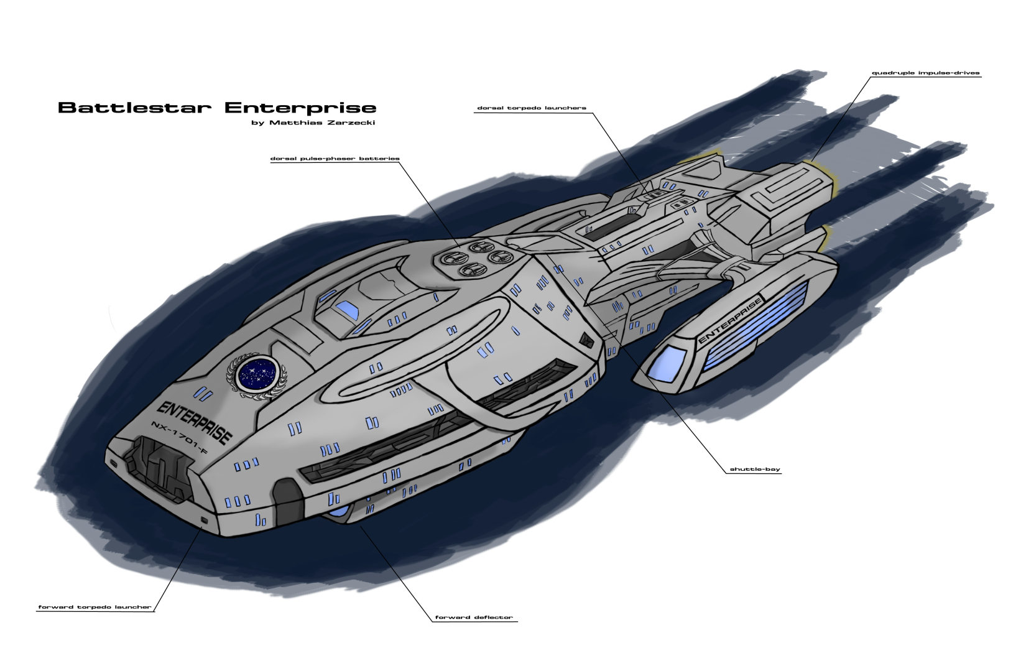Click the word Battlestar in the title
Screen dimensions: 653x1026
tap(134, 108)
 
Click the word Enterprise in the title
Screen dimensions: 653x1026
tap(300, 108)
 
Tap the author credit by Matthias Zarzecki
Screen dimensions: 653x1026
tap(313, 123)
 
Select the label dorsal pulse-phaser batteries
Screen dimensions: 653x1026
tap(335, 159)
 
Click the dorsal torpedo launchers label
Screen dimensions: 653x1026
tap(532, 108)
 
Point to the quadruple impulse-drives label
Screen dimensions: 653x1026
tap(925, 73)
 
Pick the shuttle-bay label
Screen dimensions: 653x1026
tap(754, 469)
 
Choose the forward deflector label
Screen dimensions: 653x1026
tap(474, 618)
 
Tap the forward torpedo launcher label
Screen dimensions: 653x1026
tap(95, 607)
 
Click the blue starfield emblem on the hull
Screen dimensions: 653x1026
tap(256, 373)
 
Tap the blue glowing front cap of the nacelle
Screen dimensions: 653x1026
tap(667, 363)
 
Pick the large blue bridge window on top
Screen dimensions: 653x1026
tap(346, 308)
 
